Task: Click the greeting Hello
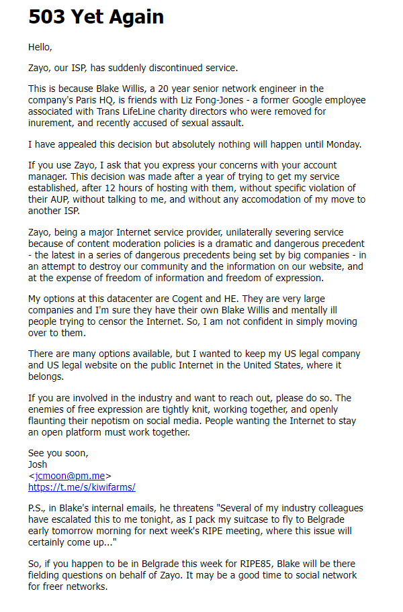[x=40, y=47]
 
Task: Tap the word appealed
[x=75, y=144]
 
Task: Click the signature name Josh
[x=38, y=464]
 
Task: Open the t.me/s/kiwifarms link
[x=81, y=487]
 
